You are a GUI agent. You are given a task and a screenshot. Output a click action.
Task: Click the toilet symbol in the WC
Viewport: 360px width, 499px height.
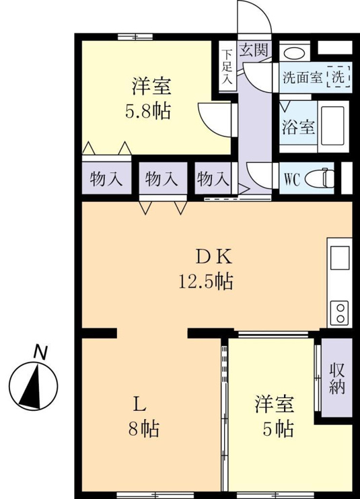pos(320,178)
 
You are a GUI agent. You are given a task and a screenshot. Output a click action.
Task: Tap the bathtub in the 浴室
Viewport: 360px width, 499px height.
pos(333,125)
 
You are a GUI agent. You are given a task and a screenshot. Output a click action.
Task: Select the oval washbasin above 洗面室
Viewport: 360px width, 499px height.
pos(295,53)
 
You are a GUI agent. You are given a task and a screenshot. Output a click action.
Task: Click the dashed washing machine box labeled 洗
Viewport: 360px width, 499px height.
pos(338,76)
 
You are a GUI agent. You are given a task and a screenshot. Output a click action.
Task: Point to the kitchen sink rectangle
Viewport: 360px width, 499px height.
pos(340,258)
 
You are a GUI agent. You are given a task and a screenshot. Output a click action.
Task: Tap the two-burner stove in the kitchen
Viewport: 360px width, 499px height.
pos(340,313)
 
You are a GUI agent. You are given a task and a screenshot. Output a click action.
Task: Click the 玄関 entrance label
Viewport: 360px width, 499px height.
pos(254,49)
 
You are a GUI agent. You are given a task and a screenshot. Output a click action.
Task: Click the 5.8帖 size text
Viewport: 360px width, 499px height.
pos(147,112)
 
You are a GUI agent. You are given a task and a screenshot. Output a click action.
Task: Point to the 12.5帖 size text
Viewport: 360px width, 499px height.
pos(206,281)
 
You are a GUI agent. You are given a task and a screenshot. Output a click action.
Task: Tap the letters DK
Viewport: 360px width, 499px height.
pos(214,258)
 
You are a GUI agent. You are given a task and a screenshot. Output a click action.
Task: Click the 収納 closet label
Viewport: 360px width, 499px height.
pos(337,378)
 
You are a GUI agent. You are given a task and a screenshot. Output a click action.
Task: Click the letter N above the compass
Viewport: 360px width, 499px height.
pos(40,352)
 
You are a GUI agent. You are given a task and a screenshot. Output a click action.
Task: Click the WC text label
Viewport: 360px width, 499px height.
pos(292,180)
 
